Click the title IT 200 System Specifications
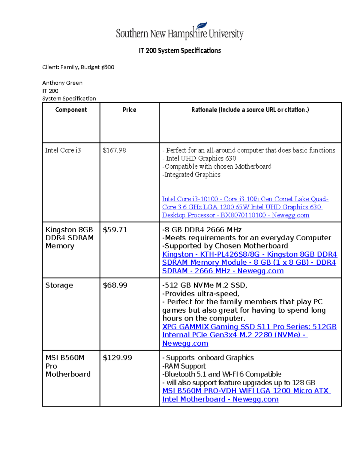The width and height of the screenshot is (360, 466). point(180,50)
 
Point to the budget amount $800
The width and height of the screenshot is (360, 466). point(108,67)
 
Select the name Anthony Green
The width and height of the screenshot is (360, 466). point(62,83)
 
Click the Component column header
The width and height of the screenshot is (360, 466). point(71,110)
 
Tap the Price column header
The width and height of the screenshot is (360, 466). point(129,110)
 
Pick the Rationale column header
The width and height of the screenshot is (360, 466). point(250,110)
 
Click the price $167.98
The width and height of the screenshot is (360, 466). point(114,150)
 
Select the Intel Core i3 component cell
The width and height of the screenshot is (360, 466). point(63,150)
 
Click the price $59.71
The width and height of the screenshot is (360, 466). point(115,230)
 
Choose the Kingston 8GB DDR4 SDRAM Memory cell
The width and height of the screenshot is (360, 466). point(69,238)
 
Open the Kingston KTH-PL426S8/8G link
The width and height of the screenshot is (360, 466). point(249,263)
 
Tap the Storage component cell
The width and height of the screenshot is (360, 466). point(59,285)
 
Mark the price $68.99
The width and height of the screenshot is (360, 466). point(115,285)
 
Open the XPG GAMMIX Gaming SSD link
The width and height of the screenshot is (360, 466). point(249,335)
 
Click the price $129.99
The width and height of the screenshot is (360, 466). point(117,358)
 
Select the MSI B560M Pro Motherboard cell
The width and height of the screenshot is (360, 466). point(68,366)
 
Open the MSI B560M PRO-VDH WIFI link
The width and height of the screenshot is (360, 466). point(246,395)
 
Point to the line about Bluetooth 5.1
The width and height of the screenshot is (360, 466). point(222,374)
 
